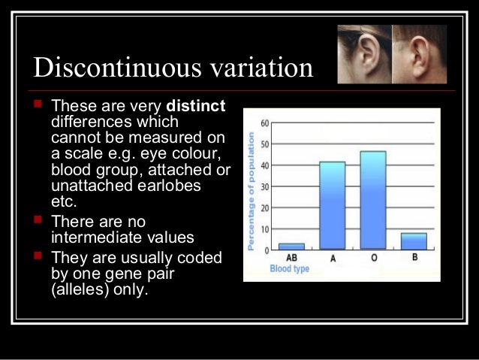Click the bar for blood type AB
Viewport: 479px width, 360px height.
point(291,246)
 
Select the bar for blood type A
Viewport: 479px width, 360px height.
point(333,205)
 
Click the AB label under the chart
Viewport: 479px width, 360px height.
point(291,258)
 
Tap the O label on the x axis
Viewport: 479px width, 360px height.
point(373,258)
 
